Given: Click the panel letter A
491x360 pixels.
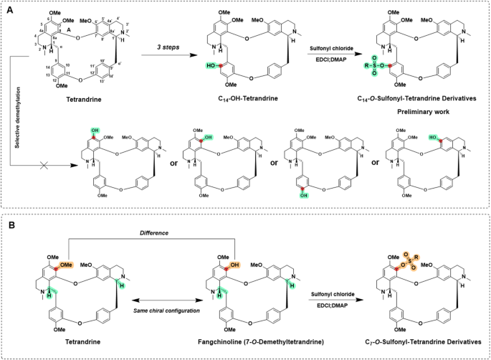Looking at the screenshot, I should coord(9,9).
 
